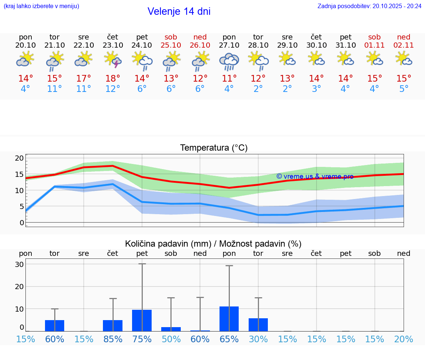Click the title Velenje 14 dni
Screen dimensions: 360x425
click(179, 11)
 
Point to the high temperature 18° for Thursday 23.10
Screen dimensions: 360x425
click(113, 79)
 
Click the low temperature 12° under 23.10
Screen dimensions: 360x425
click(113, 89)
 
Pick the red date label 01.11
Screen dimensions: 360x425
click(374, 45)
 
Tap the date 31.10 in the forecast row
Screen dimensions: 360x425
click(346, 45)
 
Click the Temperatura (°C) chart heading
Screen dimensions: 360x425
click(214, 148)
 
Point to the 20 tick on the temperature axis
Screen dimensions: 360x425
click(19, 158)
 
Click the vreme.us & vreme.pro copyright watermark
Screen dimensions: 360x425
click(315, 176)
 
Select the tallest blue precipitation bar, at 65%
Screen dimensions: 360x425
click(229, 319)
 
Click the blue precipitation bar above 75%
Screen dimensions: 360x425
click(142, 320)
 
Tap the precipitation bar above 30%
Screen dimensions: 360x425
click(258, 325)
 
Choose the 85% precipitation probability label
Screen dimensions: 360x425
click(113, 339)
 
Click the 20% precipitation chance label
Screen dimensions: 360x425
click(404, 339)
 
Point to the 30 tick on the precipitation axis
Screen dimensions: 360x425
click(19, 264)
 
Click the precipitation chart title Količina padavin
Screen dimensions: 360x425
click(213, 244)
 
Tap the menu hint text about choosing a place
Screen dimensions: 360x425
click(41, 6)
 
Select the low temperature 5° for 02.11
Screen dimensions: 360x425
click(404, 89)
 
